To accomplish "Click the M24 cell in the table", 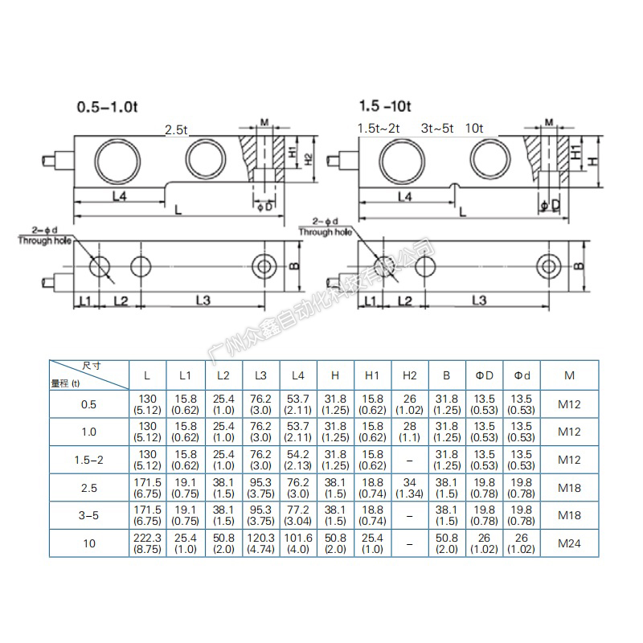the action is (569, 543).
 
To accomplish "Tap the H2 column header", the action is (409, 375).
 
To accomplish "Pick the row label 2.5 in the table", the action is (89, 488).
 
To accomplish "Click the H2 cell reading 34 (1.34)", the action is (409, 488).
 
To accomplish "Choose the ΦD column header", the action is (485, 375).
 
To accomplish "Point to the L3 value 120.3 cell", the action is (260, 543).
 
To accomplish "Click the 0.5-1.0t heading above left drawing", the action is (107, 107).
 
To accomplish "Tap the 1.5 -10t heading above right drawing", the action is (385, 106).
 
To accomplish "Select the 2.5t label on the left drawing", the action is (176, 130).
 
